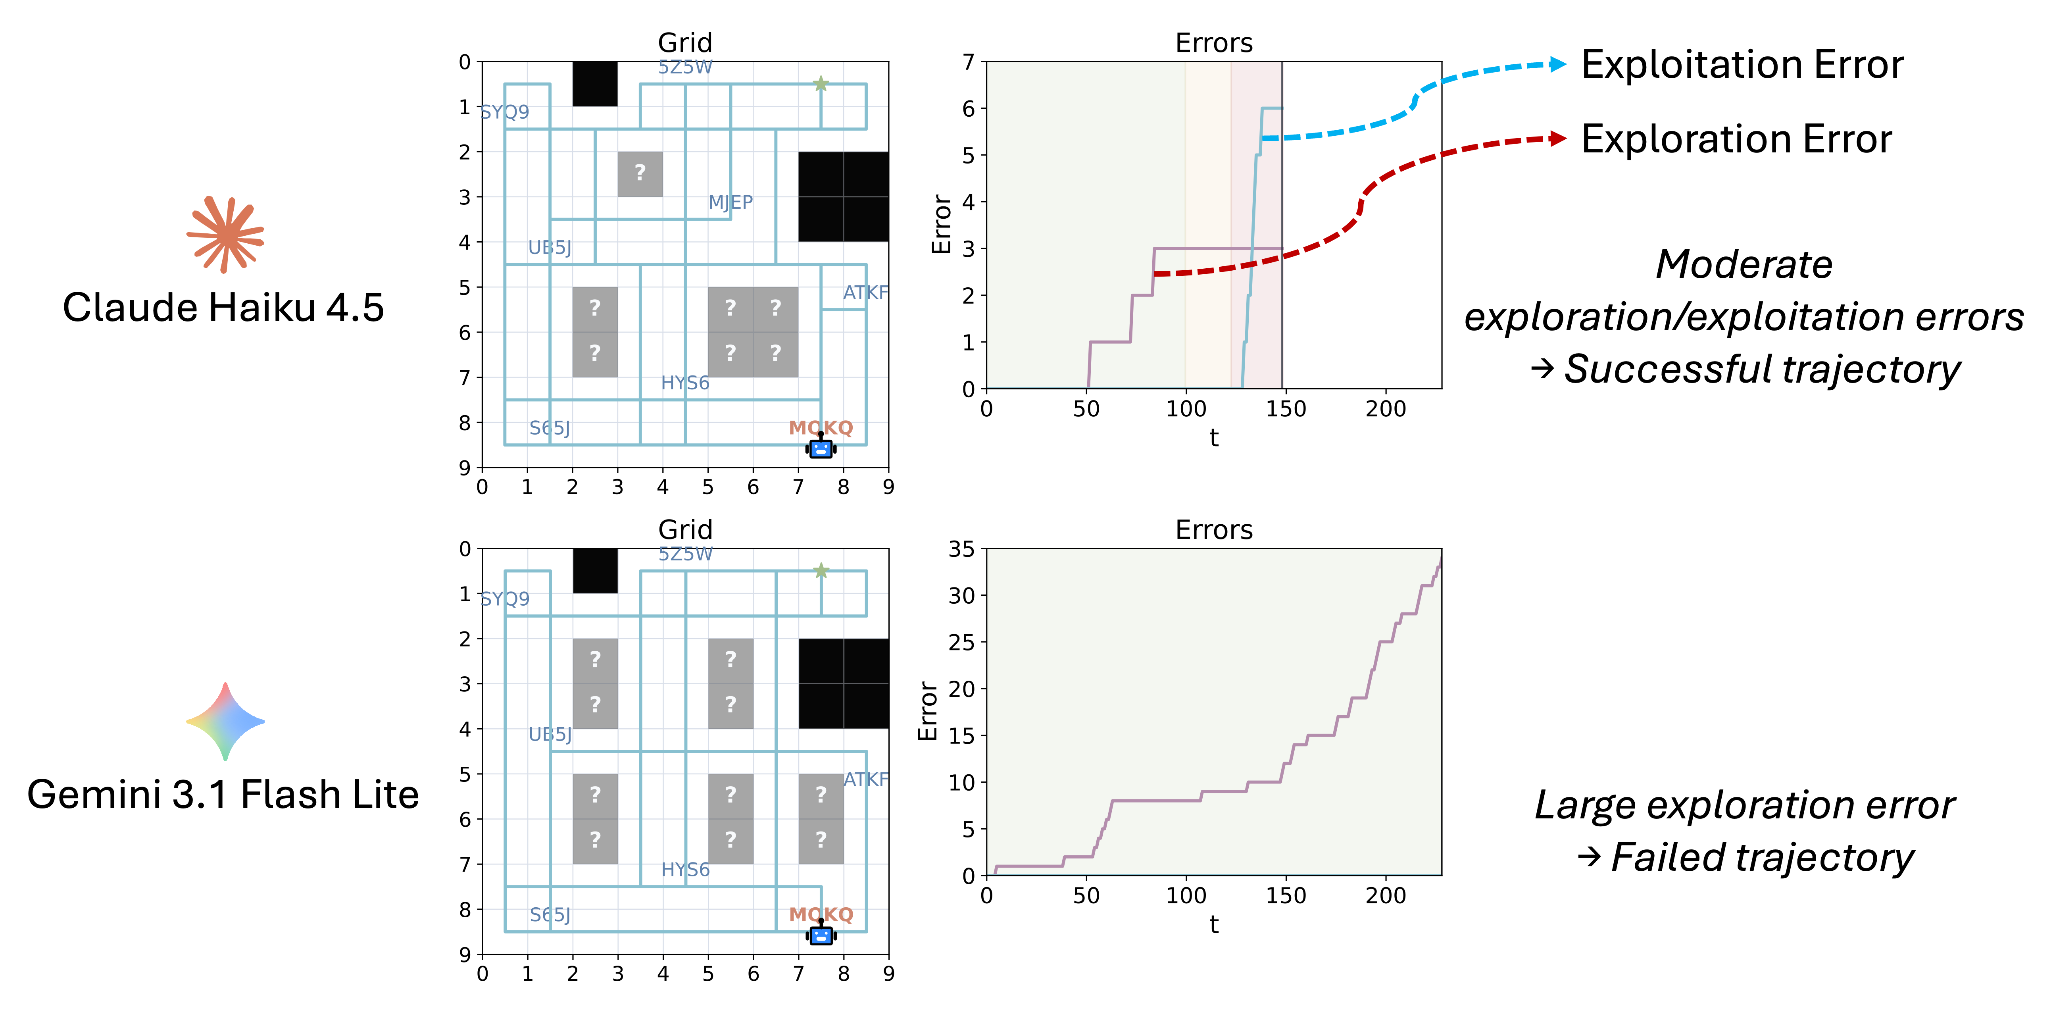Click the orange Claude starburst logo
225,235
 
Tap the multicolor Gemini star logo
225,722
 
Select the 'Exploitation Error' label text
1742,65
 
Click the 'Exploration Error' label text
1737,140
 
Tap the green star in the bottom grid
821,571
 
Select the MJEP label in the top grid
730,202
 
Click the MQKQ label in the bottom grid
821,914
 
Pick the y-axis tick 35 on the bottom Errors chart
961,549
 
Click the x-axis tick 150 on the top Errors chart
1286,409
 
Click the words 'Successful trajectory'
1761,369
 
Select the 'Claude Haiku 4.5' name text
223,308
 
